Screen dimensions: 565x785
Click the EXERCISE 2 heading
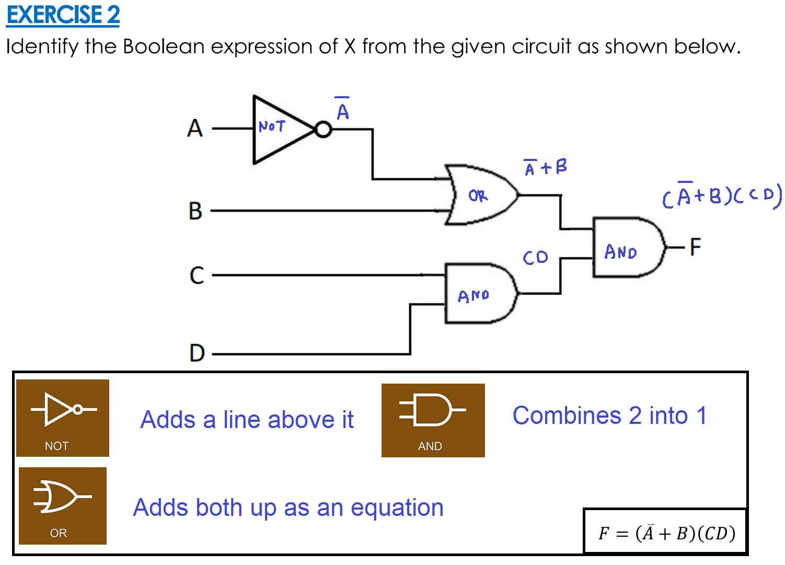(x=63, y=15)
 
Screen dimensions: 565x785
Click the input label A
(x=194, y=128)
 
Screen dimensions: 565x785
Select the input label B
(x=195, y=211)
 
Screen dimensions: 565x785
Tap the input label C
(x=197, y=275)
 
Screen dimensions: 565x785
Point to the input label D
(x=197, y=353)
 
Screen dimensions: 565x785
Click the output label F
(x=695, y=247)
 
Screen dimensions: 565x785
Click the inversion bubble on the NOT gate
(x=324, y=129)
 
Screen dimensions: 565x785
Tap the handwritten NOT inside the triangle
(x=272, y=126)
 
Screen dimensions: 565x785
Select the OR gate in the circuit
(x=481, y=195)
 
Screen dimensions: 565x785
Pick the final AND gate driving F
(x=627, y=247)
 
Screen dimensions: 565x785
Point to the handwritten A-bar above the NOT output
(x=343, y=109)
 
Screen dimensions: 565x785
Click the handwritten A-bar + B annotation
(x=546, y=167)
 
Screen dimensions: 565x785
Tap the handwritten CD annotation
(x=536, y=257)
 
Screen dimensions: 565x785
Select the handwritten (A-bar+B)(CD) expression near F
(x=721, y=196)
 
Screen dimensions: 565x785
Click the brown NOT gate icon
(x=63, y=418)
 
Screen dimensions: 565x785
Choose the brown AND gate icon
(x=433, y=420)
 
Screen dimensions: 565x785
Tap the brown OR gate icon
(x=63, y=505)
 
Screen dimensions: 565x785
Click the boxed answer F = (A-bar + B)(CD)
(x=666, y=533)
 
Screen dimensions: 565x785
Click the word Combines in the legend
(x=567, y=416)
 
